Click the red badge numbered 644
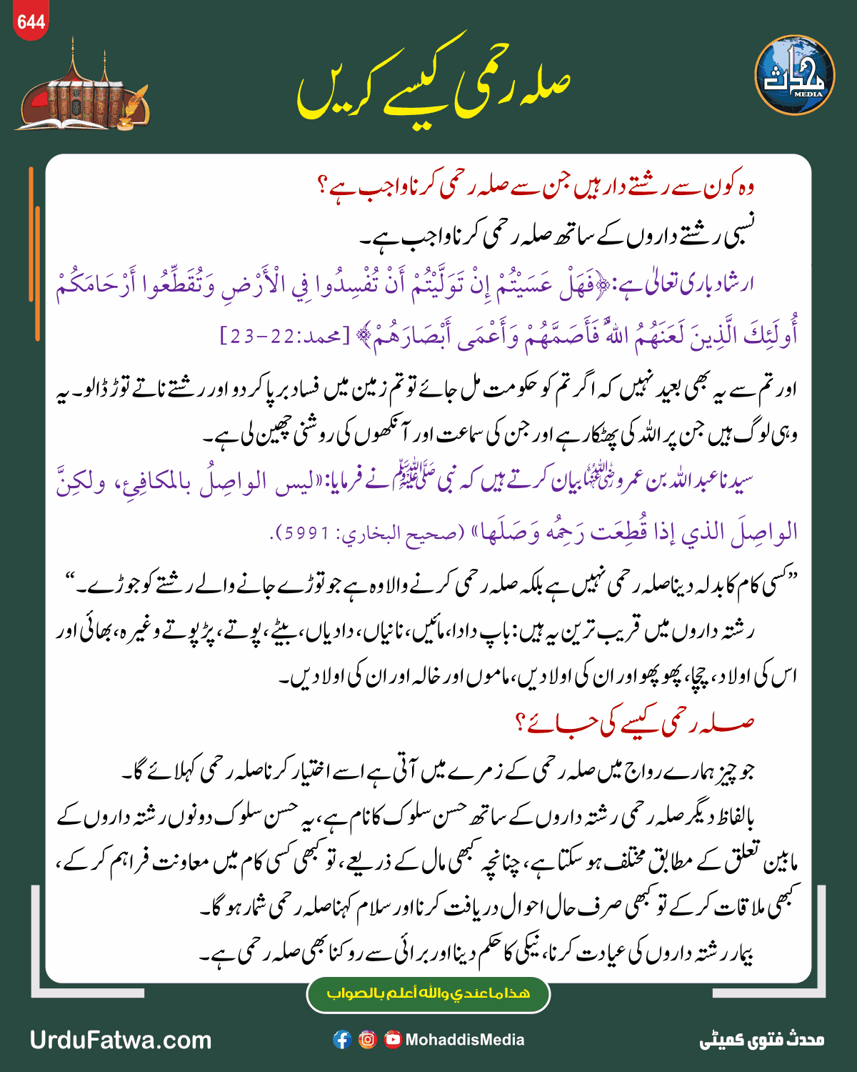point(31,22)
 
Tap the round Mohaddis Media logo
point(794,75)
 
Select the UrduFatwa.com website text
point(121,1040)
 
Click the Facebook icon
point(342,1040)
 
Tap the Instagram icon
point(367,1040)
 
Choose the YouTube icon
point(392,1040)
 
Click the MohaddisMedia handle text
point(465,1040)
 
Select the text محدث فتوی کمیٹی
point(761,1040)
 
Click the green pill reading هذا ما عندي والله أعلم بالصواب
point(428,994)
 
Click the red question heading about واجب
point(536,188)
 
